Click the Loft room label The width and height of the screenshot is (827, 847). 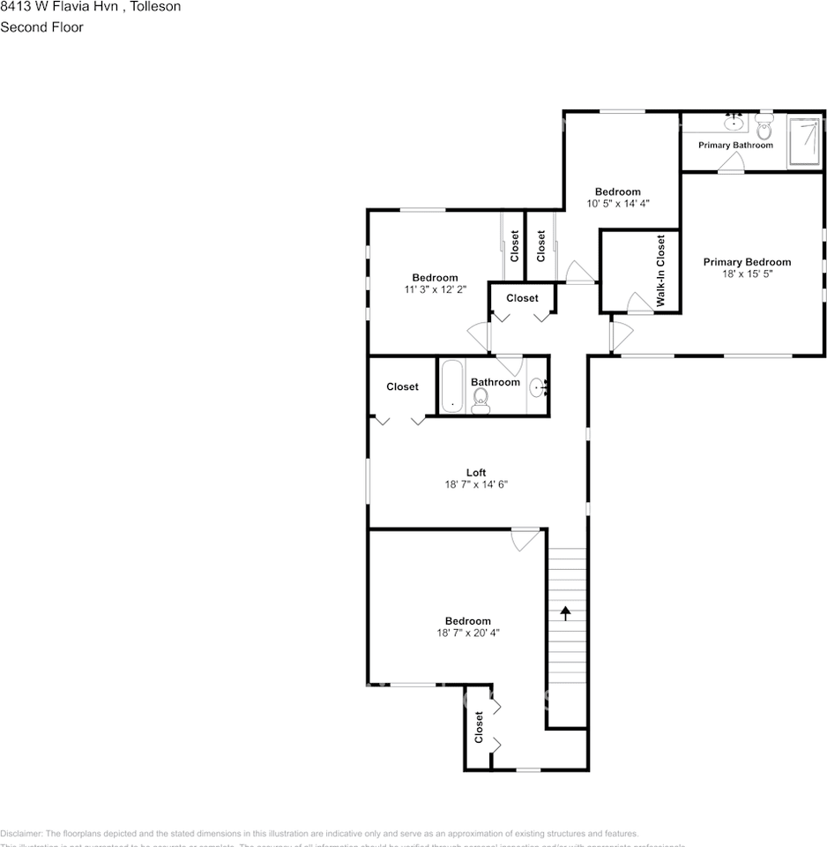(476, 473)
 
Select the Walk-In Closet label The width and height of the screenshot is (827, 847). (660, 271)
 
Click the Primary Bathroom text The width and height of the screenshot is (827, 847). (735, 145)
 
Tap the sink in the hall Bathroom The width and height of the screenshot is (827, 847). (537, 385)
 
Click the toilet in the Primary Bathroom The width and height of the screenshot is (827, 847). (764, 129)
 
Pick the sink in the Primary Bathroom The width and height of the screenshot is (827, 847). (734, 124)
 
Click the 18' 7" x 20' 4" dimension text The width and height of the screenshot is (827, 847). (467, 633)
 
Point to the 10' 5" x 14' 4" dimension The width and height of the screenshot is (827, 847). (617, 204)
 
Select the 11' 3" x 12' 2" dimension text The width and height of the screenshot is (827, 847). (436, 289)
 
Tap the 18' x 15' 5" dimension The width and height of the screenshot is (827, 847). (746, 274)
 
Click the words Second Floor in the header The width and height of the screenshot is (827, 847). (41, 27)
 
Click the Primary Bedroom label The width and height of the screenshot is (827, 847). (746, 262)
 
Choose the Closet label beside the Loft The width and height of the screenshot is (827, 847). (402, 386)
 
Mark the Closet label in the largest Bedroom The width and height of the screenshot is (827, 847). (480, 727)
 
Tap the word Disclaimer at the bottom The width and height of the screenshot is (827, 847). (21, 834)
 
